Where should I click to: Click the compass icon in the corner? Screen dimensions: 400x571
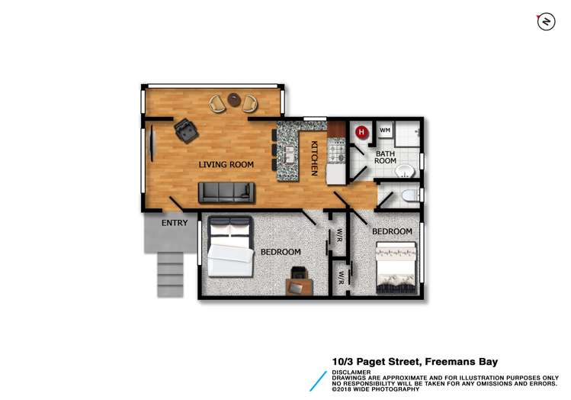point(545,22)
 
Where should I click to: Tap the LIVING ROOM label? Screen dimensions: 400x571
point(226,164)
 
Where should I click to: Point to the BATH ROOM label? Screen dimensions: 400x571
point(385,156)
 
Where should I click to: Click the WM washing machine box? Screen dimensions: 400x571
point(384,131)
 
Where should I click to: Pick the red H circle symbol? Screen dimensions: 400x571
point(362,131)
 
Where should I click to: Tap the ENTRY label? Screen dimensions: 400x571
point(174,223)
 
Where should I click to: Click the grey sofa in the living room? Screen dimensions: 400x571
point(226,192)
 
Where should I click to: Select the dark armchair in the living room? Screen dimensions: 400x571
point(185,131)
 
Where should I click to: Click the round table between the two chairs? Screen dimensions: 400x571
point(234,101)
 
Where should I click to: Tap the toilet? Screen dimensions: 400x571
point(409,196)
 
